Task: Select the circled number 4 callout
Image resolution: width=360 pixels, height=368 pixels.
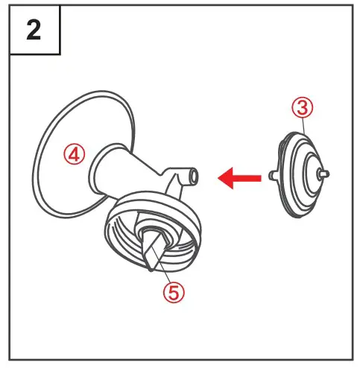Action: coord(75,154)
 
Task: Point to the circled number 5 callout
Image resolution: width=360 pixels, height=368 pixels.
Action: coord(174,291)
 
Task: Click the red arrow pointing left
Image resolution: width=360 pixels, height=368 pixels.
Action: coord(237,177)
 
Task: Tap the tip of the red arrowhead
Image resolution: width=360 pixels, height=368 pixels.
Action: coord(217,177)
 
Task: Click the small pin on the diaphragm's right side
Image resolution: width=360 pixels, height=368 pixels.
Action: coord(325,173)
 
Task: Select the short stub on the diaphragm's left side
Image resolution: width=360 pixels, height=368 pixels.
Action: coord(273,176)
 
